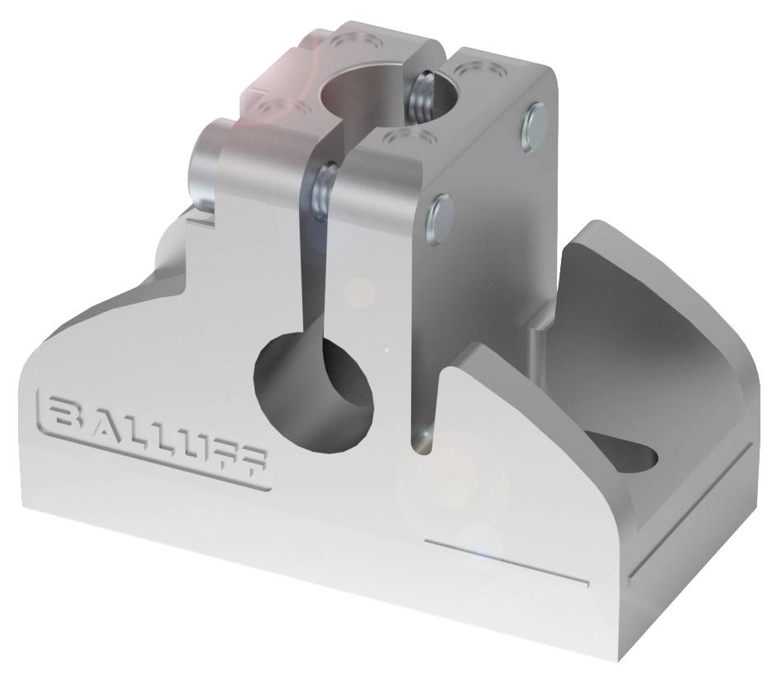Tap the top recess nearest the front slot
point(403,135)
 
